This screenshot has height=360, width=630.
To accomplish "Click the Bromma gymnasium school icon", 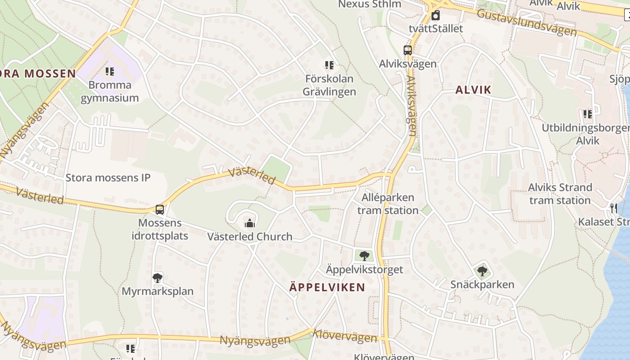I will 110,71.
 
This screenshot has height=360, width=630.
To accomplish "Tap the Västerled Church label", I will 250,237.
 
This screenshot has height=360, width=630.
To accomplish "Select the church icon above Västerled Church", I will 249,223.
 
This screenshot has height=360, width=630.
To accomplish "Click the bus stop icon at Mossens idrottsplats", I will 160,210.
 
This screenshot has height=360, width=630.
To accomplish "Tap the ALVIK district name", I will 473,90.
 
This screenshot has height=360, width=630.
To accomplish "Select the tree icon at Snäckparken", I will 482,271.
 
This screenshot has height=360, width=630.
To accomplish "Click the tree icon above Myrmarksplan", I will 157,278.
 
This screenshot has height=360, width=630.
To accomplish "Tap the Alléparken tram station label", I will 387,204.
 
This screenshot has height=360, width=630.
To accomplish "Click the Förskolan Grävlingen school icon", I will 329,65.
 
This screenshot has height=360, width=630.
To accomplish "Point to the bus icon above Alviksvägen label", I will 408,50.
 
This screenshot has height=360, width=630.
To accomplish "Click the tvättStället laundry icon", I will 436,16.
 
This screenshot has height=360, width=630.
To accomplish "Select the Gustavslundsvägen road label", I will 526,22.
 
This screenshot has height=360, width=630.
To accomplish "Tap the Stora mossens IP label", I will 108,177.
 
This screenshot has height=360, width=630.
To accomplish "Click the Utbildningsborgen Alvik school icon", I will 587,114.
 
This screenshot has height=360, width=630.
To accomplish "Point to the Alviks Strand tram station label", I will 560,193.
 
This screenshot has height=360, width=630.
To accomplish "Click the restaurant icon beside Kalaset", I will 614,208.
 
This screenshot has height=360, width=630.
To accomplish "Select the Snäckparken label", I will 482,284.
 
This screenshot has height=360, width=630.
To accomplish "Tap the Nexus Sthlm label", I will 369,4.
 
